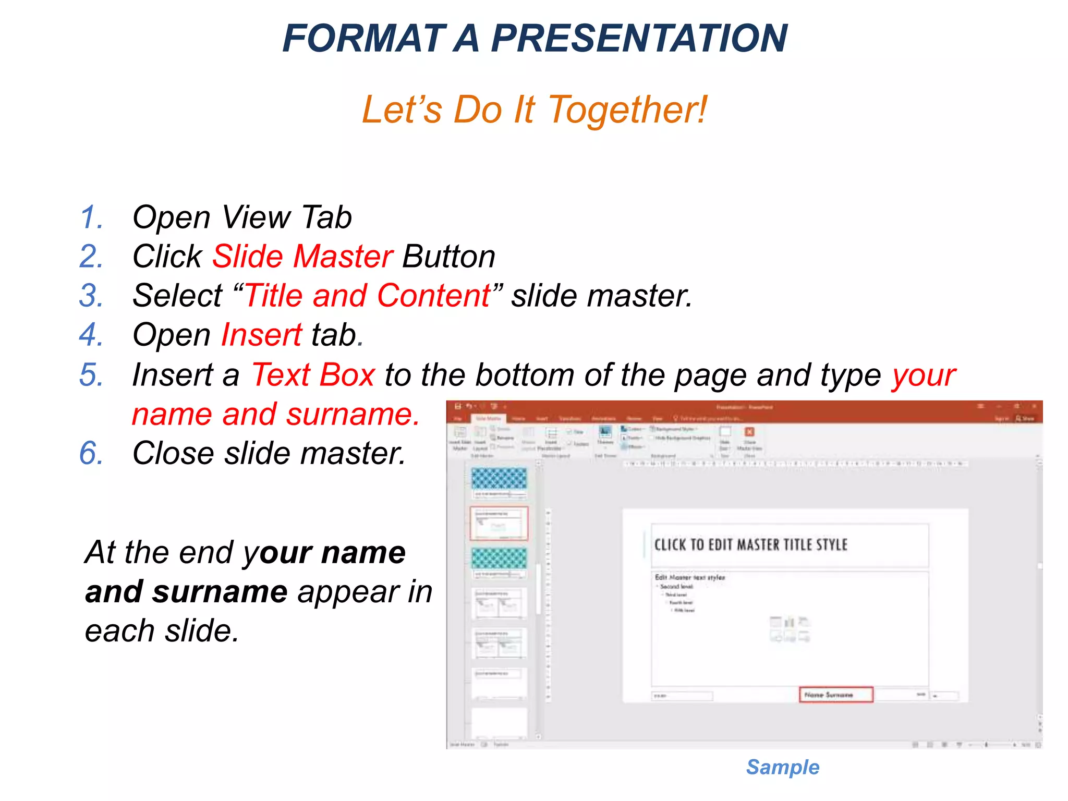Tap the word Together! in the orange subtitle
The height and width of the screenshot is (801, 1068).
(x=628, y=110)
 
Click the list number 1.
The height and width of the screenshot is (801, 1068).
(x=91, y=217)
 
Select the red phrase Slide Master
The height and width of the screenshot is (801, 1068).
(x=302, y=257)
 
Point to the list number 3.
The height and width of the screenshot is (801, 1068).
(x=91, y=296)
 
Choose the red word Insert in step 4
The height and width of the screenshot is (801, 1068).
(x=261, y=335)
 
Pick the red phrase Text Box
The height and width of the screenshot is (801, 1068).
(x=313, y=375)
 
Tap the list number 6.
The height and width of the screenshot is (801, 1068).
(x=91, y=453)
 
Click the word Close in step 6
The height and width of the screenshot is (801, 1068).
(x=173, y=453)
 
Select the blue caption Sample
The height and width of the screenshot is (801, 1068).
(x=782, y=767)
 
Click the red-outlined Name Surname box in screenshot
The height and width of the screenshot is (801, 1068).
(x=835, y=695)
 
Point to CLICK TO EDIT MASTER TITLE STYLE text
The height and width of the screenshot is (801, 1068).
(x=750, y=545)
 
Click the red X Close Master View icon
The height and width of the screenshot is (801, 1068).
(x=749, y=432)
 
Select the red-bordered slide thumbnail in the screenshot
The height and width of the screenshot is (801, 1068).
(x=499, y=523)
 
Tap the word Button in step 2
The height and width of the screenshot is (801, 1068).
(x=448, y=257)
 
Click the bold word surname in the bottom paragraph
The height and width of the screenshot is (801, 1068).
(x=220, y=592)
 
